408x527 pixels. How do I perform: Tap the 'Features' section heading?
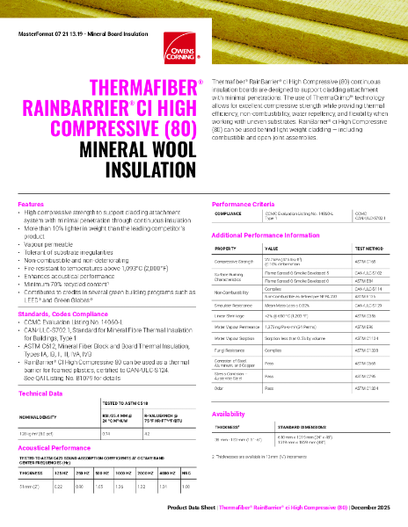click(31, 228)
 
